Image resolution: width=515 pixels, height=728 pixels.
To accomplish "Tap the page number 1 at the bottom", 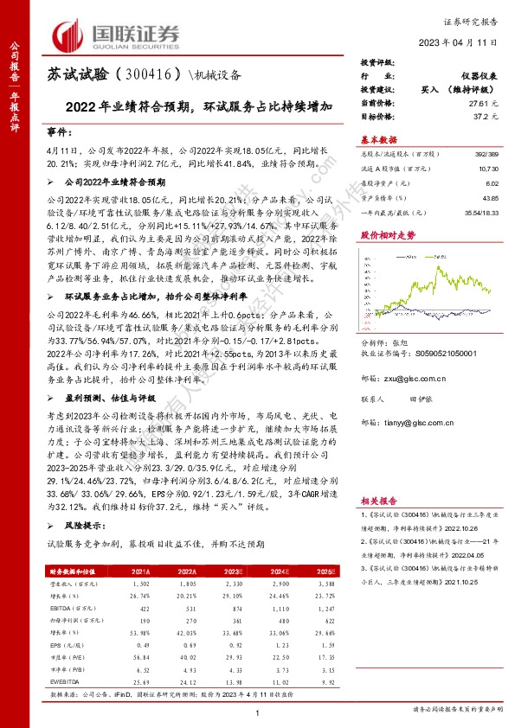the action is pyautogui.click(x=258, y=711).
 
